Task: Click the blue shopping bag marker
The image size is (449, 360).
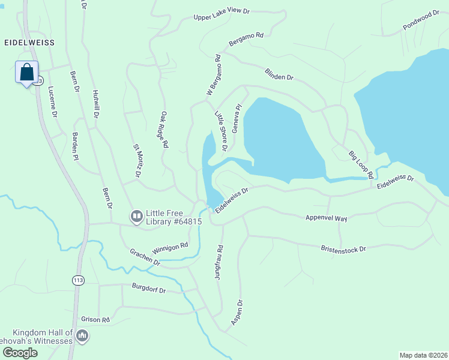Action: click(26, 73)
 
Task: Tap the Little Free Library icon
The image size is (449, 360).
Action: click(137, 215)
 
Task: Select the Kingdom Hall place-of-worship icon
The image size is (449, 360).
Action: click(83, 335)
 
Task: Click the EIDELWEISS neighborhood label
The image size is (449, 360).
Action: click(29, 43)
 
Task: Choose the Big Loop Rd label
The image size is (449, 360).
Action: click(361, 164)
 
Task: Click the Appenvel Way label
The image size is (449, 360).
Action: click(326, 218)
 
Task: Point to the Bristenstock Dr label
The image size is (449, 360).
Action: click(343, 247)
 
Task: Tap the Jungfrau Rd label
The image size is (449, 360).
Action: click(220, 262)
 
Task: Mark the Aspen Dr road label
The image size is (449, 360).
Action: click(237, 313)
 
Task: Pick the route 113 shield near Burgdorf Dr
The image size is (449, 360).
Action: click(77, 280)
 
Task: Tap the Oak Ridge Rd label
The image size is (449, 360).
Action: click(163, 129)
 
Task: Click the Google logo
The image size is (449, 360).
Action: click(19, 353)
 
